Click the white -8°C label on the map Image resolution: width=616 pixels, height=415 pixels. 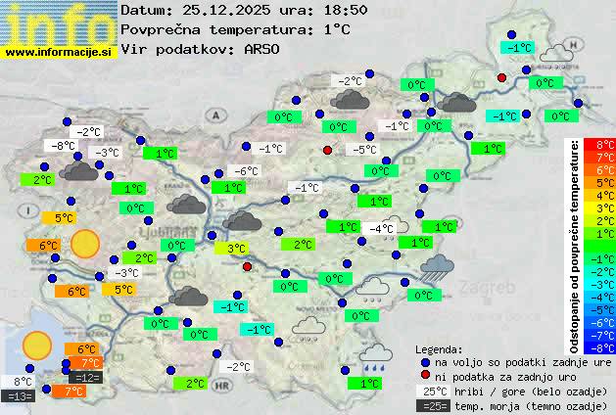pyautogui.click(x=64, y=146)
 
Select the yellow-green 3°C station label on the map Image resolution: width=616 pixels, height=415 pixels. pyautogui.click(x=236, y=249)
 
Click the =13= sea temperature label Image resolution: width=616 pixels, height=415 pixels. pyautogui.click(x=19, y=395)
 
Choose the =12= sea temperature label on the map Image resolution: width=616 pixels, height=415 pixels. pyautogui.click(x=85, y=377)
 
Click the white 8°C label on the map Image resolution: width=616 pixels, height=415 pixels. pyautogui.click(x=22, y=382)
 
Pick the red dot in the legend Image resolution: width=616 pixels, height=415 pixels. pyautogui.click(x=425, y=376)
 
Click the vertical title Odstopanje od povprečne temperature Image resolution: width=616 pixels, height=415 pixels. pyautogui.click(x=577, y=245)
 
